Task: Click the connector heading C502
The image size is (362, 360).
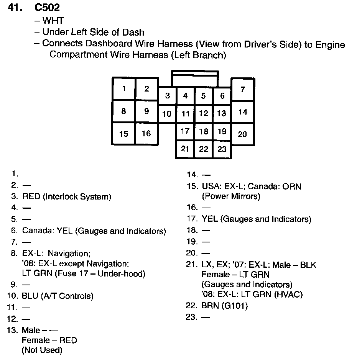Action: [x=47, y=7]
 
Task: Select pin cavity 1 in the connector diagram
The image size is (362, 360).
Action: [x=124, y=89]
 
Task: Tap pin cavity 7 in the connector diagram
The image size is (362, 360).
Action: [x=243, y=90]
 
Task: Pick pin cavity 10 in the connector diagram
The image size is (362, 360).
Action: [x=167, y=114]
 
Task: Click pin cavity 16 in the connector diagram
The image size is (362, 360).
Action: [x=146, y=134]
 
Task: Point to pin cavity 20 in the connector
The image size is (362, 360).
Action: [x=242, y=134]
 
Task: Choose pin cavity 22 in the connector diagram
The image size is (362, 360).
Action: [x=204, y=149]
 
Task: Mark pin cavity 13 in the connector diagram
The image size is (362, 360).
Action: [x=222, y=113]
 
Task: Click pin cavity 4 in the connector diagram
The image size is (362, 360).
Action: [x=186, y=96]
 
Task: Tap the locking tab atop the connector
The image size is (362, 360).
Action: [x=195, y=79]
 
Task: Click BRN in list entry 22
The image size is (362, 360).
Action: [x=209, y=306]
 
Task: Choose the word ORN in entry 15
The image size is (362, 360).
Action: [x=292, y=187]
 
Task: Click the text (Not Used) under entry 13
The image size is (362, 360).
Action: [x=42, y=350]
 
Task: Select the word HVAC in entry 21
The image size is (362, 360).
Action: [x=290, y=295]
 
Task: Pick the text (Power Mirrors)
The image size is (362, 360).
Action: [x=231, y=196]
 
